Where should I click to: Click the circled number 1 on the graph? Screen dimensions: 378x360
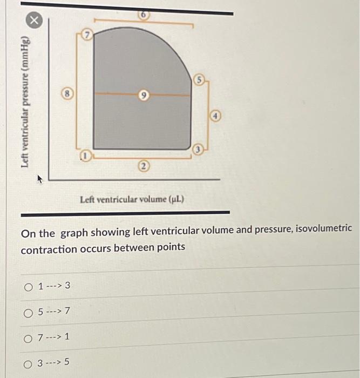(85, 157)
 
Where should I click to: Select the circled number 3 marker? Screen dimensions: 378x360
(198, 150)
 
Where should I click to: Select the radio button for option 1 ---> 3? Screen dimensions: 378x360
(29, 286)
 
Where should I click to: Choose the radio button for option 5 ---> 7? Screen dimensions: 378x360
(29, 312)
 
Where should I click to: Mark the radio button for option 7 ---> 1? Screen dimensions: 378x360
(29, 337)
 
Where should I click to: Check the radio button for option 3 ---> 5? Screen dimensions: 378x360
(29, 362)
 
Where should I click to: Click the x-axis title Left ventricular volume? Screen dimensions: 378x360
(132, 199)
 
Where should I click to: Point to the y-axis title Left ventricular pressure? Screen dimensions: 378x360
(24, 103)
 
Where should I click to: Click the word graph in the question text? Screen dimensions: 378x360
(73, 233)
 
